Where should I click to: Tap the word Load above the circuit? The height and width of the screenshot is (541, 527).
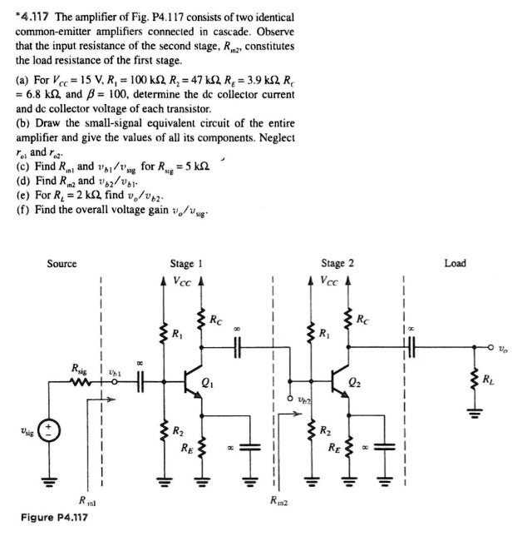click(456, 264)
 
